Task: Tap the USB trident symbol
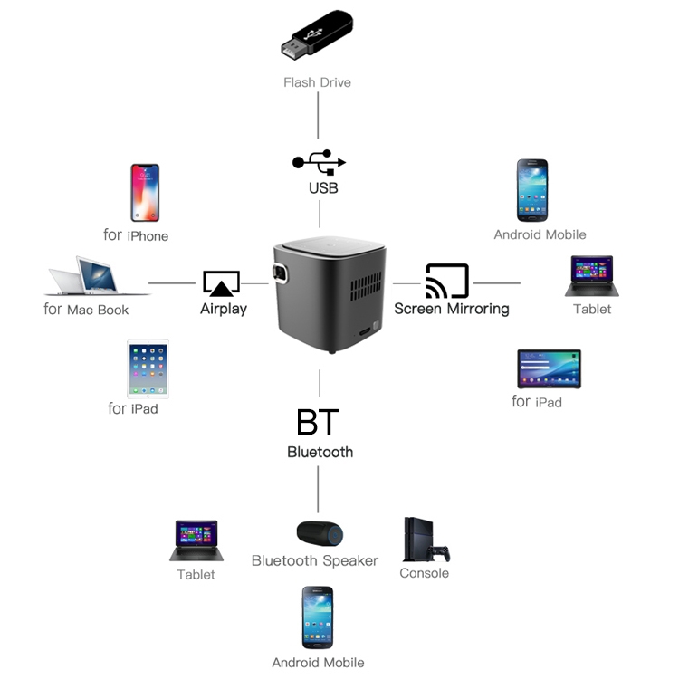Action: point(319,163)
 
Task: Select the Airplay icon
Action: point(221,283)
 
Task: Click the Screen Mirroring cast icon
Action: point(447,281)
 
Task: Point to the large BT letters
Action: point(318,422)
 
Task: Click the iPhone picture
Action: point(145,193)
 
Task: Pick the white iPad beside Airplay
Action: point(148,368)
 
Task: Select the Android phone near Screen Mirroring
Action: point(532,190)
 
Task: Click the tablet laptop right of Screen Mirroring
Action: point(591,275)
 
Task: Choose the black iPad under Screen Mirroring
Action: point(549,369)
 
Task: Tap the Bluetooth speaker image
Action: point(320,533)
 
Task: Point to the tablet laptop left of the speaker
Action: point(196,540)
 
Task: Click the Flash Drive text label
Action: point(317,82)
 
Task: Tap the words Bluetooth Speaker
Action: point(314,561)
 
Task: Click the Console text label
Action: point(424,573)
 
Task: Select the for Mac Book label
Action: point(86,310)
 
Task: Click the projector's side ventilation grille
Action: point(366,289)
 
